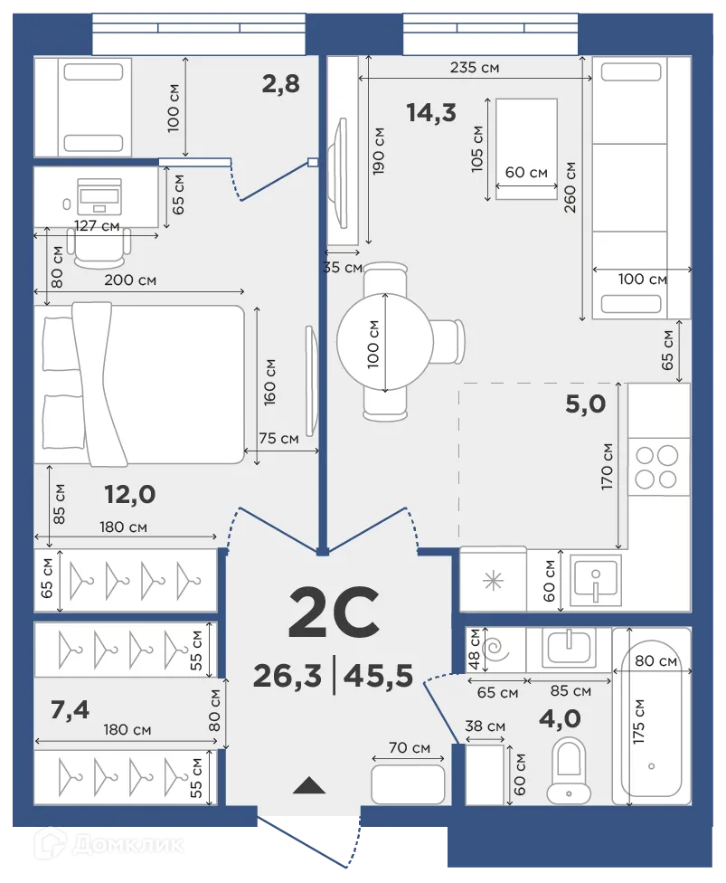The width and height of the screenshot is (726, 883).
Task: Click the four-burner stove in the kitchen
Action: (x=657, y=467)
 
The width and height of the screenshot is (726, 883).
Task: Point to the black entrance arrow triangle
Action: (x=309, y=784)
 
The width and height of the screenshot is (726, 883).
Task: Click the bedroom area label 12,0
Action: (x=130, y=494)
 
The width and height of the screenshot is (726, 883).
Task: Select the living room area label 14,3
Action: (x=430, y=112)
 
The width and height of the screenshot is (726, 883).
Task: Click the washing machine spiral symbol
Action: (x=495, y=648)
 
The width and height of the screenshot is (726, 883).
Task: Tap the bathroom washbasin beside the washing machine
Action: (x=569, y=646)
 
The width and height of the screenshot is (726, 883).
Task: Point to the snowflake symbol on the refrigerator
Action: (x=493, y=581)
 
